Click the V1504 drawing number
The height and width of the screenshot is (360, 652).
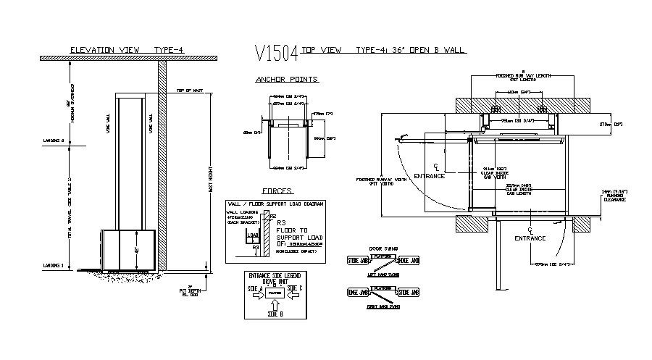point(277,52)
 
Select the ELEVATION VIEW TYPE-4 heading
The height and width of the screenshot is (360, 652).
point(126,49)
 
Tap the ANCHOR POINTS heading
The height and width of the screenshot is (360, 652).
point(287,79)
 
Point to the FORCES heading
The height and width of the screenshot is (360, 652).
point(277,191)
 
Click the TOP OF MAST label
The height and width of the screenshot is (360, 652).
point(188,90)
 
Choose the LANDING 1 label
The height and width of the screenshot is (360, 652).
point(54,264)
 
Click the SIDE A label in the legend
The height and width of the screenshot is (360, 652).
point(255,288)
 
